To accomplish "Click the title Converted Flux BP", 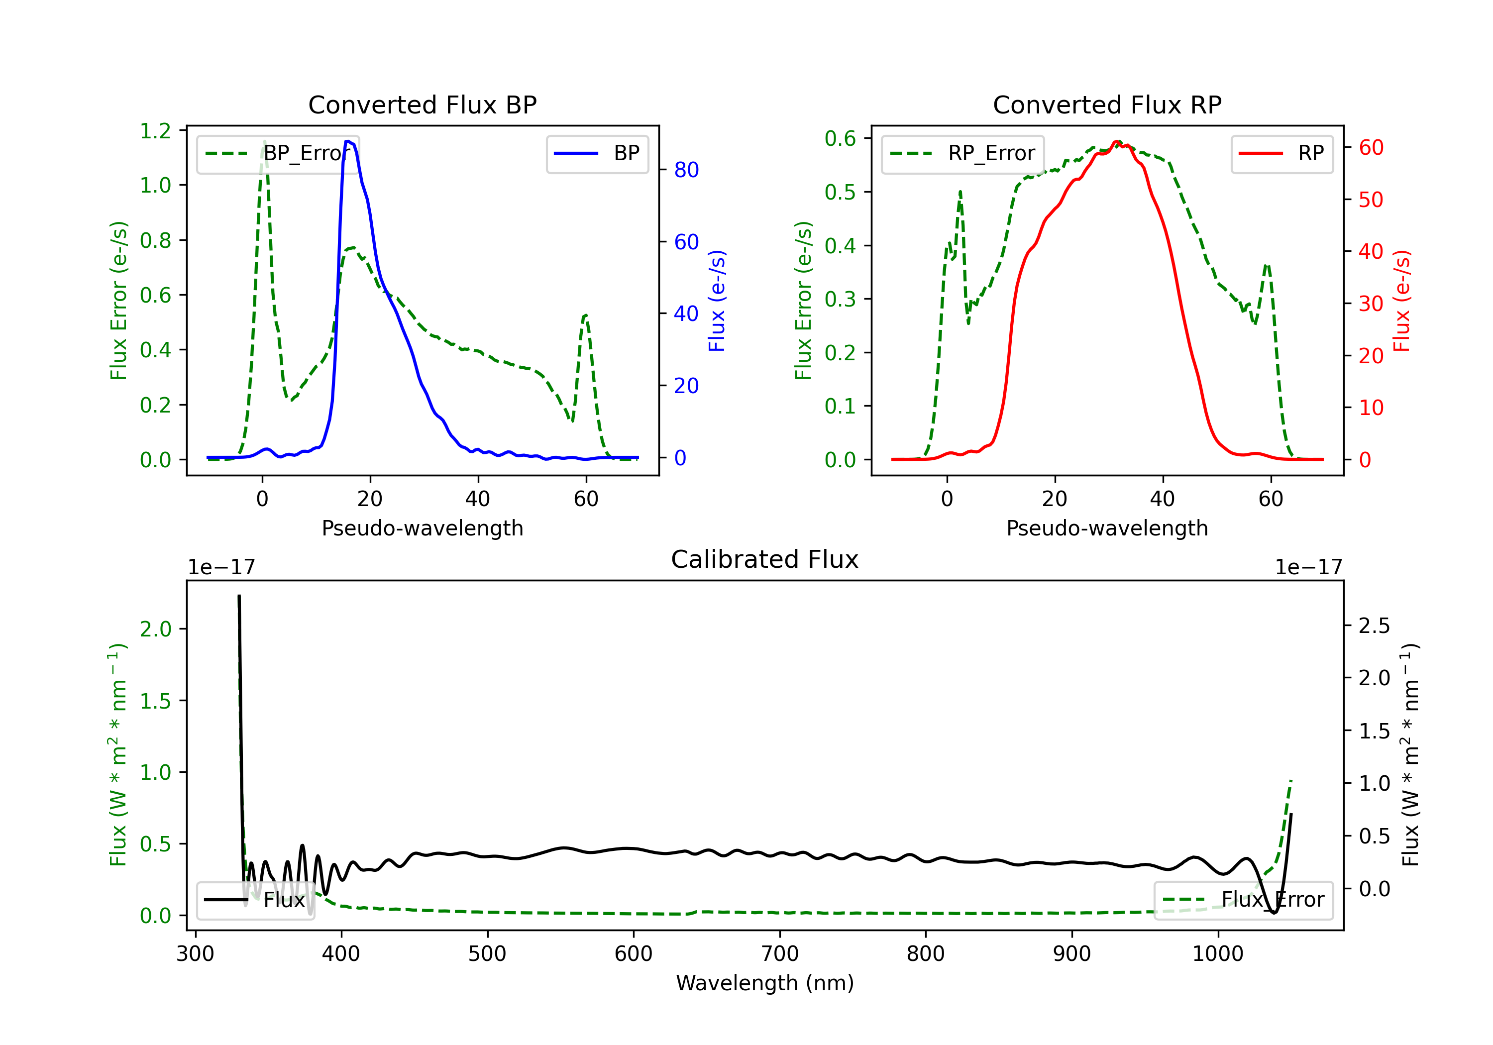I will (422, 104).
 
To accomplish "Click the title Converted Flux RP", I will (1107, 104).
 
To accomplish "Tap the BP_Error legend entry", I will (278, 153).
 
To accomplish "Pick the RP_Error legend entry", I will (963, 153).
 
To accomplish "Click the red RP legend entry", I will (1281, 153).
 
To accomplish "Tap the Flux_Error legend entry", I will (1243, 900).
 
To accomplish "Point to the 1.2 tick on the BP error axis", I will (155, 131).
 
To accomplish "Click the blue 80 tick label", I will (686, 170).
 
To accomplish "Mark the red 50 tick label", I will (1371, 200).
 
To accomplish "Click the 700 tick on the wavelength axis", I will (780, 954).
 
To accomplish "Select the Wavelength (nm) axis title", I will (765, 983).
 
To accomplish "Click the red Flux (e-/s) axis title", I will (1401, 301).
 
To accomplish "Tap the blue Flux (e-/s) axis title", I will (717, 301).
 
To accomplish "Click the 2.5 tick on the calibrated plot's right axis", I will (1374, 626).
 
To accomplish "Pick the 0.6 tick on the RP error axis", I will (840, 138).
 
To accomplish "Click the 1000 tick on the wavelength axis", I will (1217, 954).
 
